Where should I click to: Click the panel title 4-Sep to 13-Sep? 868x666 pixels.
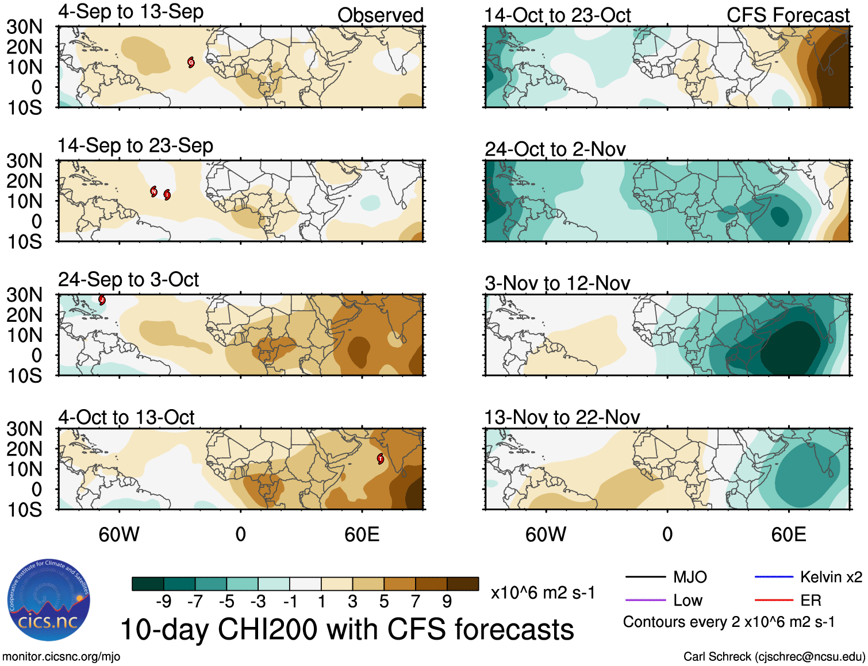tap(130, 12)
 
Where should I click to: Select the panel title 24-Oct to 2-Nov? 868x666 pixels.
tap(555, 149)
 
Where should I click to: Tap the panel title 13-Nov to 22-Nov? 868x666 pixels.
tap(562, 417)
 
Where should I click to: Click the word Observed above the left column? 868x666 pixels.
tap(380, 16)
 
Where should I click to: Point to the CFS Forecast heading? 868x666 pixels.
tap(788, 16)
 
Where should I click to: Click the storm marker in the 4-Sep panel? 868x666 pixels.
tap(191, 63)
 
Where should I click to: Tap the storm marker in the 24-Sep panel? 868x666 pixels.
tap(102, 300)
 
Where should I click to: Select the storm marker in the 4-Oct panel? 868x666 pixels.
tap(380, 459)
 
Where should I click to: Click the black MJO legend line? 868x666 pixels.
tap(645, 577)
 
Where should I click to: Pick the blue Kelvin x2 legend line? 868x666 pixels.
tap(774, 577)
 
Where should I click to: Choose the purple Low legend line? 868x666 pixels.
tap(645, 600)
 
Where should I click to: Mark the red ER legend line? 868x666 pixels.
tap(774, 600)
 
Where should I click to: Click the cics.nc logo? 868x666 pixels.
tap(48, 600)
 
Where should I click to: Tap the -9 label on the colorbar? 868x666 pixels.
tap(163, 601)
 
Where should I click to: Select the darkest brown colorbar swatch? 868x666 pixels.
tap(463, 584)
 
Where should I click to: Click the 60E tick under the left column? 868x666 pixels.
tap(362, 535)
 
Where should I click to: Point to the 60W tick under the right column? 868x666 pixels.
tap(546, 535)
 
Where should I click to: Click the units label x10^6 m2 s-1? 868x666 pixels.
tap(543, 592)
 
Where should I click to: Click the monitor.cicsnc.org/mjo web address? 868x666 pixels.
tap(61, 657)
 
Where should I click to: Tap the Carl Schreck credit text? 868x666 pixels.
tap(774, 657)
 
